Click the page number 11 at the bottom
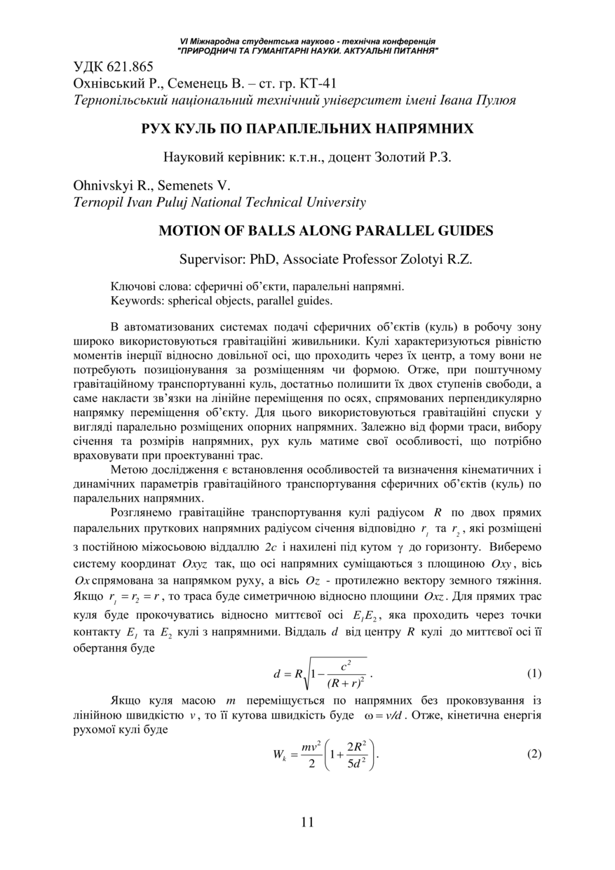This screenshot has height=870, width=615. coord(307,822)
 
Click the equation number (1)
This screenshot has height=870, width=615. coord(534,674)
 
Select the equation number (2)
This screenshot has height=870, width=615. coord(534,754)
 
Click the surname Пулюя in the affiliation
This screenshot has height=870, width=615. coord(494,100)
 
